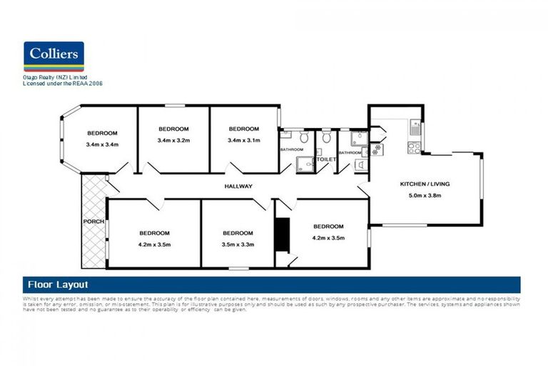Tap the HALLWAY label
pyautogui.click(x=238, y=187)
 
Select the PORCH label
pyautogui.click(x=93, y=222)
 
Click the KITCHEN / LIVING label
pyautogui.click(x=424, y=184)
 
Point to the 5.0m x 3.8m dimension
pyautogui.click(x=424, y=195)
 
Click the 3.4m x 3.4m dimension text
pyautogui.click(x=101, y=145)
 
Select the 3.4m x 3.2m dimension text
pyautogui.click(x=173, y=140)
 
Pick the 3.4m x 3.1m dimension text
pyautogui.click(x=243, y=140)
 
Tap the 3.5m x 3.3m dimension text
pyautogui.click(x=238, y=244)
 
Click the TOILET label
pyautogui.click(x=326, y=159)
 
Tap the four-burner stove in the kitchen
pyautogui.click(x=413, y=147)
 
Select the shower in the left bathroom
pyautogui.click(x=306, y=164)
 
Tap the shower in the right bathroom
pyautogui.click(x=359, y=137)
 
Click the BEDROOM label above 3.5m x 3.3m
pyautogui.click(x=238, y=233)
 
